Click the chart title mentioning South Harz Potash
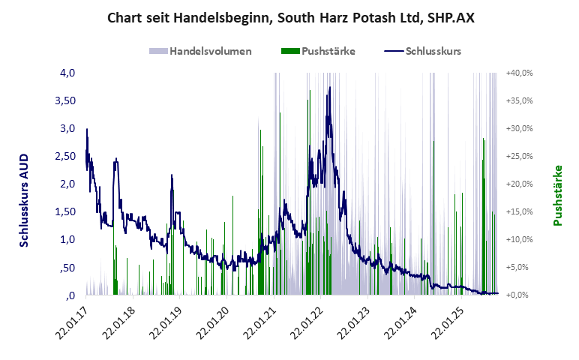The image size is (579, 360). (x=290, y=16)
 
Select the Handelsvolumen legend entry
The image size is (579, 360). (x=200, y=52)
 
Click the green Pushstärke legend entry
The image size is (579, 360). (x=318, y=52)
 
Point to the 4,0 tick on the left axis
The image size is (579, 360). (x=68, y=73)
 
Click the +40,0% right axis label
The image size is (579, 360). (x=519, y=73)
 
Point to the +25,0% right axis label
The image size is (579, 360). (x=519, y=156)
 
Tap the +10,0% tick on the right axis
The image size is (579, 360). (x=519, y=239)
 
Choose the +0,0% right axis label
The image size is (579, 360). (x=519, y=295)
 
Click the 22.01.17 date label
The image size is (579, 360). (x=73, y=323)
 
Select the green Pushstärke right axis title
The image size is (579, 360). (x=557, y=196)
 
